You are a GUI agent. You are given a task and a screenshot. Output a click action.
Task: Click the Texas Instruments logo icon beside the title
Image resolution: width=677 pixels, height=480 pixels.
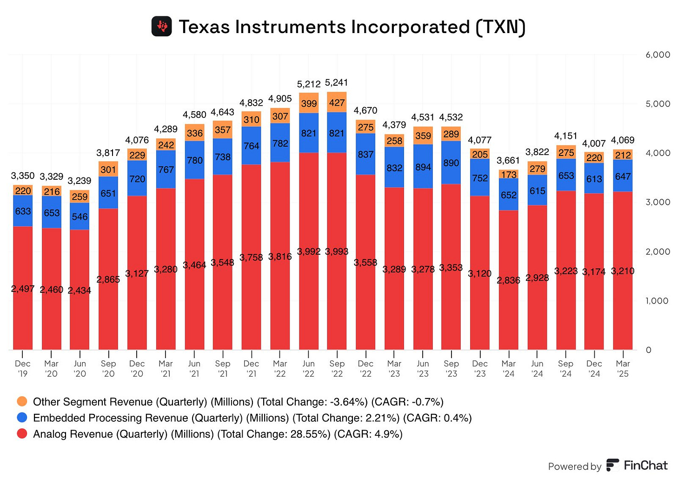(x=162, y=27)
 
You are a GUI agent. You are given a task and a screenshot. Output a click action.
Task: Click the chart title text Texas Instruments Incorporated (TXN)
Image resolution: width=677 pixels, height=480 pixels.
(x=352, y=27)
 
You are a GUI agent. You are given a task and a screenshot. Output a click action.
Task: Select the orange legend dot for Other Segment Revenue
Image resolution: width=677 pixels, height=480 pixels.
(x=22, y=401)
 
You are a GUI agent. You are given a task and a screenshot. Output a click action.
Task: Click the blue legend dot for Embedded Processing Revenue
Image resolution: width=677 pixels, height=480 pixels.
(x=22, y=418)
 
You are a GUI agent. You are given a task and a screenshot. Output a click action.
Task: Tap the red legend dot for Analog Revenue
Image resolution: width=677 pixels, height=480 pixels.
(x=22, y=434)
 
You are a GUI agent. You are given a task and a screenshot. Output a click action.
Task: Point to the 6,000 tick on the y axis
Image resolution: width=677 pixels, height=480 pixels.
(x=657, y=55)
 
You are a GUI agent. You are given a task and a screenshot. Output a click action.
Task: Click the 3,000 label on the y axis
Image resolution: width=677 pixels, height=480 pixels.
(x=657, y=202)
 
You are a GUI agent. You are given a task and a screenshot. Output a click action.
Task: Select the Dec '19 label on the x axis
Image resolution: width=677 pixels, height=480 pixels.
(x=23, y=368)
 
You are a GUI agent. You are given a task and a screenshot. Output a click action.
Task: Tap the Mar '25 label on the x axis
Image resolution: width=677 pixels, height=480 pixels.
(x=623, y=368)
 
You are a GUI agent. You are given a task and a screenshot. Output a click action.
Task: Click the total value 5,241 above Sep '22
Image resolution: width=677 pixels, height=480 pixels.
(x=337, y=82)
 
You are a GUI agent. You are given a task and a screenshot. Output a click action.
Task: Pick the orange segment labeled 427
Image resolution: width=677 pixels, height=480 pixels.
(x=337, y=102)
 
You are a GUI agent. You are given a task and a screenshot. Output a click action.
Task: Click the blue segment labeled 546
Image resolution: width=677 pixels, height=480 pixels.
(x=80, y=216)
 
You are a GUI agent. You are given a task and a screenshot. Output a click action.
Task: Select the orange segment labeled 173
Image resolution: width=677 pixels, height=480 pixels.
(x=509, y=175)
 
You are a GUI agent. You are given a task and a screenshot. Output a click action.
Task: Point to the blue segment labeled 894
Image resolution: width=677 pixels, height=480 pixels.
(x=423, y=167)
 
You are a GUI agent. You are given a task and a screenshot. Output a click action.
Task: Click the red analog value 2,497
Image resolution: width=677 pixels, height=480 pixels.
(x=23, y=289)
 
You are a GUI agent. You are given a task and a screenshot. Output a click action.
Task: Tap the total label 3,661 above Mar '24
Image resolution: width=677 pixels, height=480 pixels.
(x=508, y=161)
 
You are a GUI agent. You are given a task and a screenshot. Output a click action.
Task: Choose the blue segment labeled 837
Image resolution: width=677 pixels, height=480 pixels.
(x=365, y=154)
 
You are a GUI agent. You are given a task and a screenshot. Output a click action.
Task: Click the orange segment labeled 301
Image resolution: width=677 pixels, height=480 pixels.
(x=108, y=169)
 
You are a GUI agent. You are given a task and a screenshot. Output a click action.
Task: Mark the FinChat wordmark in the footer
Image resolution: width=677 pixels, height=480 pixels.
(x=645, y=465)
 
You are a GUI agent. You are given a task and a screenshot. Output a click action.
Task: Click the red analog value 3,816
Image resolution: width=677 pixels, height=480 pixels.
(x=280, y=257)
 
